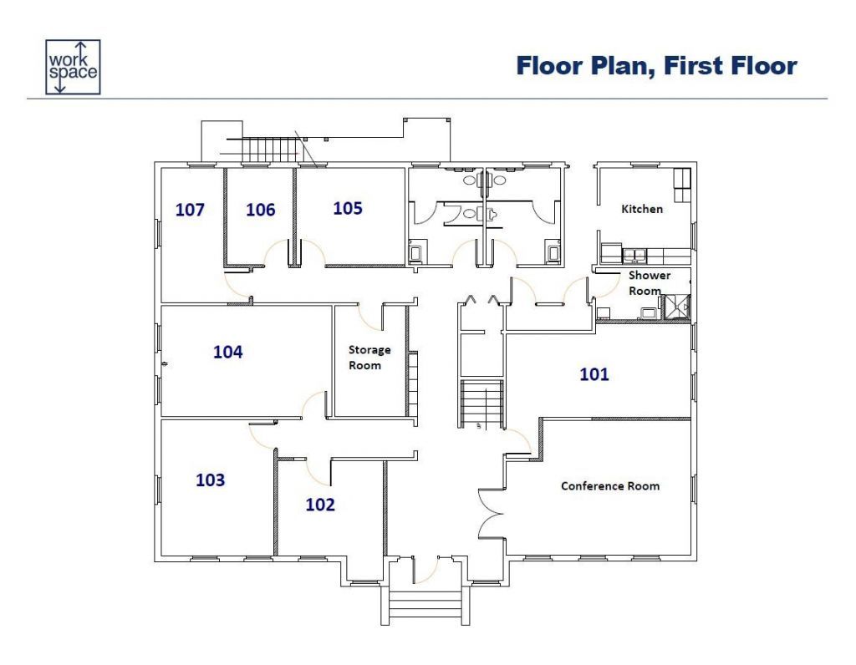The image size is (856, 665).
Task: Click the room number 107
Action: click(x=190, y=210)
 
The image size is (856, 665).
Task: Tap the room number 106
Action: click(x=261, y=210)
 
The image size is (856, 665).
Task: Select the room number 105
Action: click(x=348, y=208)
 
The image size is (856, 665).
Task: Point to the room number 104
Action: click(x=227, y=352)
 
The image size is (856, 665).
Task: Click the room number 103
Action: click(x=210, y=480)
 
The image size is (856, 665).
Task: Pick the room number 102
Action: click(x=320, y=505)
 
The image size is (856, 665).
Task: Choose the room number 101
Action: click(x=594, y=374)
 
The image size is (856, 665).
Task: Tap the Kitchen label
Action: click(x=642, y=209)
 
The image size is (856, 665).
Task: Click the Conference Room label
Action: click(x=610, y=486)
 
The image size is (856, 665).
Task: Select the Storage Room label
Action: click(x=369, y=358)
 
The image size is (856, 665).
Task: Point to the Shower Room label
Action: click(x=649, y=282)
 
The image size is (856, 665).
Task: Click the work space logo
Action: click(x=73, y=67)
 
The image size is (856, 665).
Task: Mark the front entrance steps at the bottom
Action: click(x=425, y=605)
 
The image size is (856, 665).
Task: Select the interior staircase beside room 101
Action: click(x=481, y=404)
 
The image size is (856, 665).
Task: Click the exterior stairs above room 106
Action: click(x=269, y=150)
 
